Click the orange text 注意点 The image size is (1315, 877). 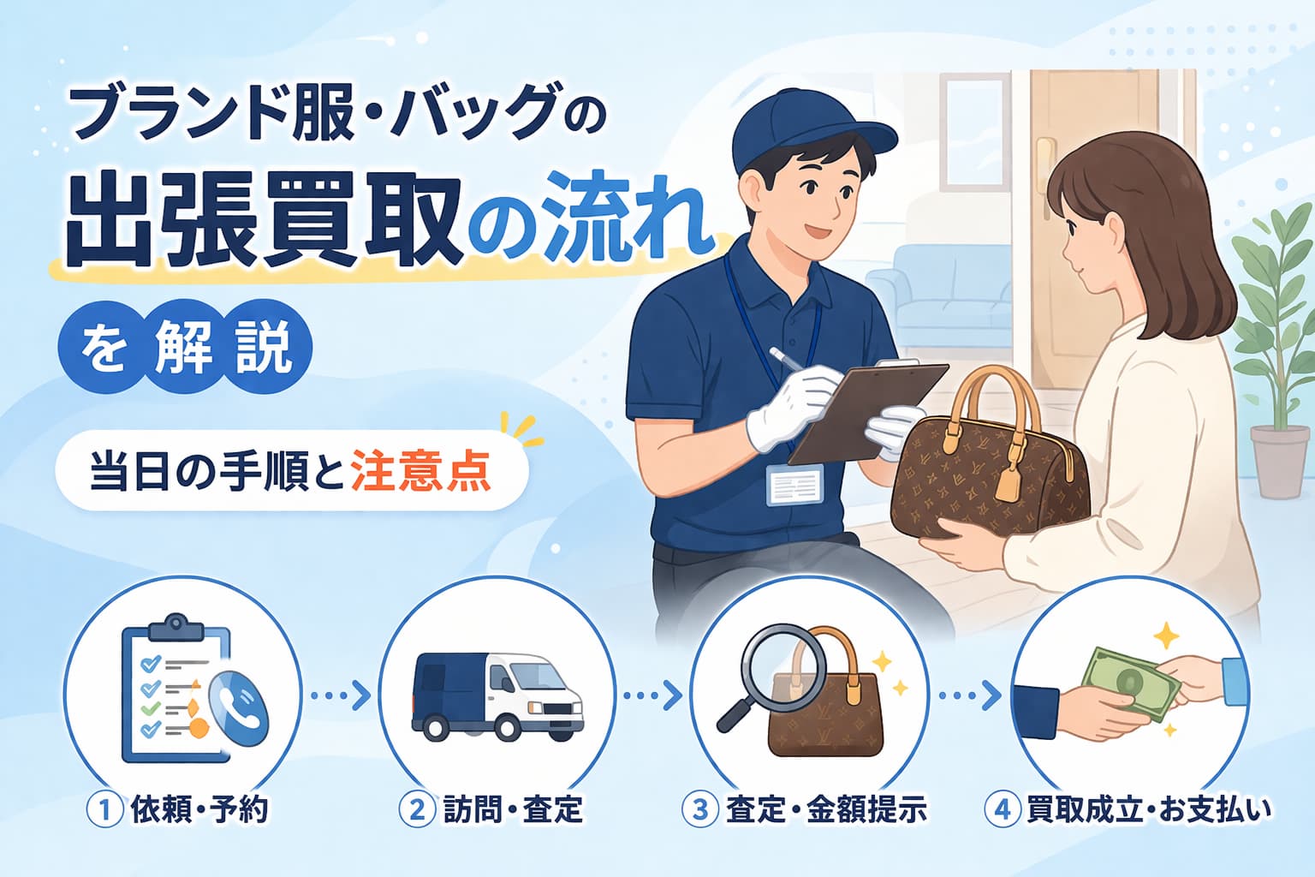tap(420, 470)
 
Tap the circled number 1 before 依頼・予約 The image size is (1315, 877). tap(105, 809)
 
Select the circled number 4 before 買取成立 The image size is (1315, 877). tap(1002, 809)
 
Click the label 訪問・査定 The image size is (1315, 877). tap(513, 809)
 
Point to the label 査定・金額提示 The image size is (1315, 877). tap(826, 809)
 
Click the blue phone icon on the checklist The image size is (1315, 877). tap(239, 709)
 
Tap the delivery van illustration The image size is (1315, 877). tap(497, 695)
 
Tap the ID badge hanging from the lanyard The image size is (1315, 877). tap(794, 486)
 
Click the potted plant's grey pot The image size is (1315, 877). tap(1280, 462)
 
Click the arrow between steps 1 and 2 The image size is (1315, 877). tap(341, 695)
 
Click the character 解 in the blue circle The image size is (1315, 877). tap(184, 349)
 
